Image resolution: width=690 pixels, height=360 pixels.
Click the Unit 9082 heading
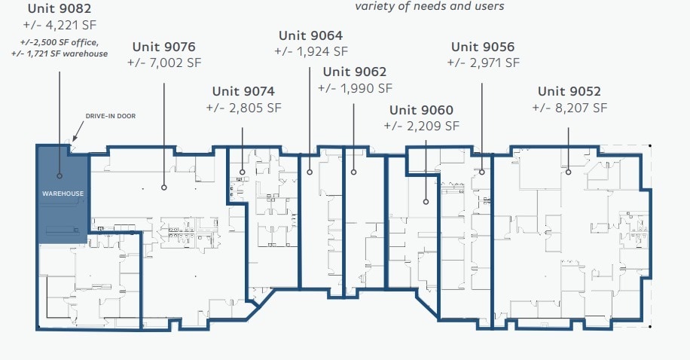click(60, 9)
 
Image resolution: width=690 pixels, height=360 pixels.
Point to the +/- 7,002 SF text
click(165, 63)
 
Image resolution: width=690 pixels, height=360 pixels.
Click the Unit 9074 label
click(243, 92)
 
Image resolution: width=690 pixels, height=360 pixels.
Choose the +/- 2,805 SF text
click(243, 108)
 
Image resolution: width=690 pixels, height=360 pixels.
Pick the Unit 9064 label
click(310, 35)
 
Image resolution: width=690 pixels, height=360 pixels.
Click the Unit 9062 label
click(355, 72)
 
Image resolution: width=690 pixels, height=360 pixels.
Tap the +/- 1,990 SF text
click(355, 88)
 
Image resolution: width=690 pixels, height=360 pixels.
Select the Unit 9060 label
click(422, 110)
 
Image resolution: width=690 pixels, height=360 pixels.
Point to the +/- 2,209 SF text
click(422, 126)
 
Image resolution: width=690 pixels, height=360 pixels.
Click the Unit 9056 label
click(483, 47)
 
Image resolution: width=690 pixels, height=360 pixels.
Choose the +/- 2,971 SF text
click(483, 63)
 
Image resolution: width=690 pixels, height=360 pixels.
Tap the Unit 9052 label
click(569, 92)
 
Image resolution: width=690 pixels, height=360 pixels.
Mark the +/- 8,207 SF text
click(569, 108)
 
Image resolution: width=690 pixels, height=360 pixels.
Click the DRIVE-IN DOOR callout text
click(110, 116)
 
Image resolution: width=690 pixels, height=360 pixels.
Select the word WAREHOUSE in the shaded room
click(63, 194)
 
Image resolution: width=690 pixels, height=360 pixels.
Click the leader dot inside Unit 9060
click(426, 202)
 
